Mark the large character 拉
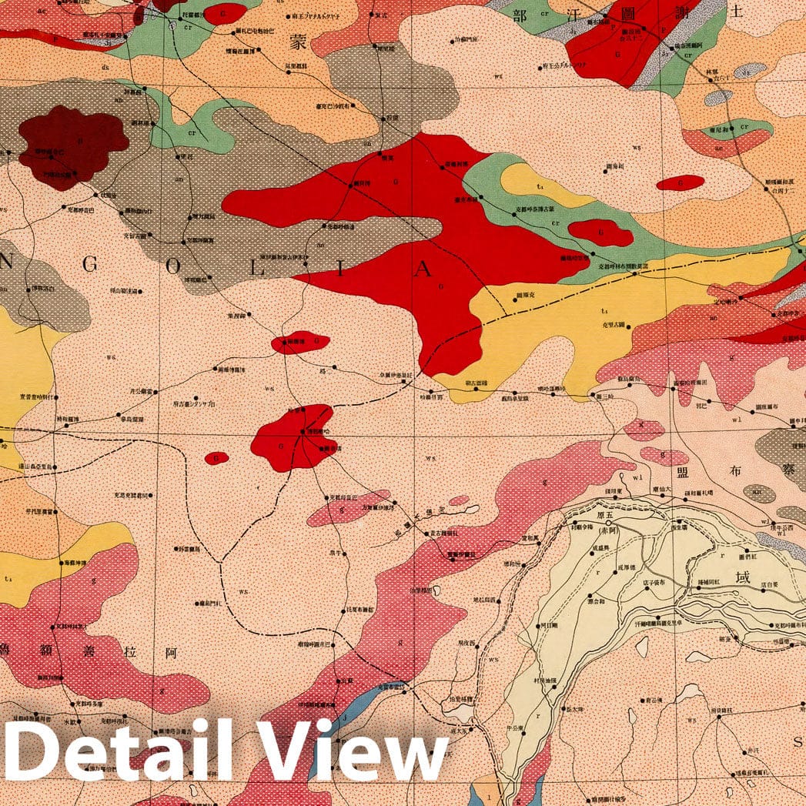[130, 652]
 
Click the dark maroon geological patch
[73, 146]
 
